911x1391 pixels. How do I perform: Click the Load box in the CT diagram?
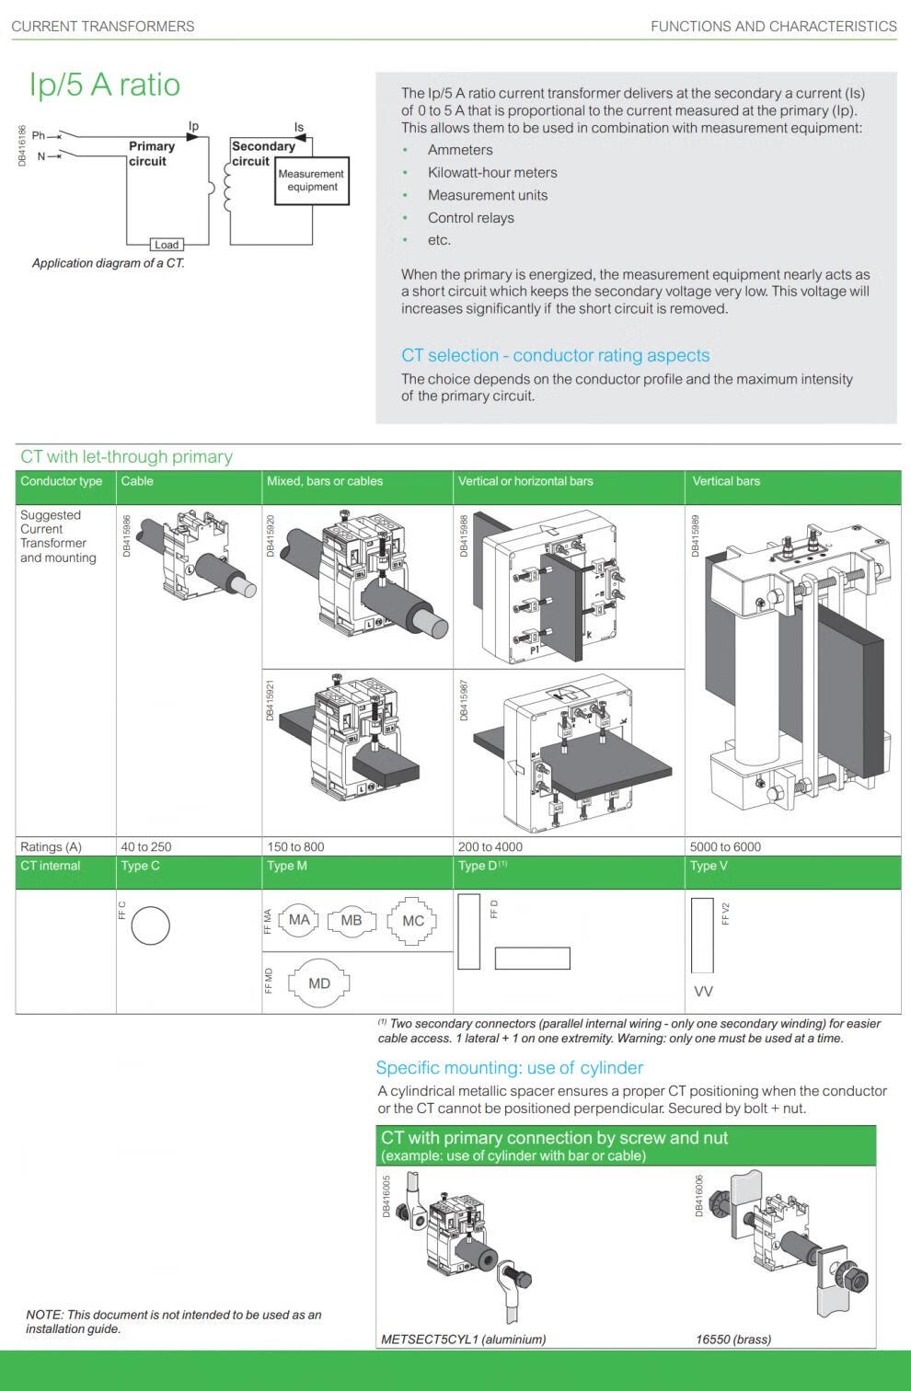click(167, 245)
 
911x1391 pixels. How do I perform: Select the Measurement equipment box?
click(312, 180)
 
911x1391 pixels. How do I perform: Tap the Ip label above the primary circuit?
click(193, 126)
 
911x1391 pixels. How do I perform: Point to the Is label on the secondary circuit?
click(299, 127)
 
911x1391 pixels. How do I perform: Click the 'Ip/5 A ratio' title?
click(105, 85)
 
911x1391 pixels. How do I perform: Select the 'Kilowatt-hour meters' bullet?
click(492, 172)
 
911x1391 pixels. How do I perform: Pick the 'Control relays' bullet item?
click(470, 218)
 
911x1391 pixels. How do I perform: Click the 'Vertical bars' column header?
click(726, 481)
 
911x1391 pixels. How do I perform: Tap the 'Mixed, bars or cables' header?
click(325, 481)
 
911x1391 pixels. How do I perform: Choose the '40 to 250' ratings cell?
click(146, 846)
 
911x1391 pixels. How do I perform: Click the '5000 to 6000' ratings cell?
click(725, 846)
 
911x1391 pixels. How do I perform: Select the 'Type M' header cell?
click(287, 866)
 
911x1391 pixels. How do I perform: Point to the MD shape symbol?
click(318, 983)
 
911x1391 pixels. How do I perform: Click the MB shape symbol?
click(352, 920)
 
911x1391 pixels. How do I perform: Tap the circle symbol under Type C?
click(150, 925)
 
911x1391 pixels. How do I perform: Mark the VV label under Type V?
click(703, 992)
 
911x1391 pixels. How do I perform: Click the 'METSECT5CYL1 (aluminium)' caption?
click(463, 1339)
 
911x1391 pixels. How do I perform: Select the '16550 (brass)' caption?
click(733, 1339)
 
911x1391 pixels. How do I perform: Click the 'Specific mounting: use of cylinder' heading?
click(509, 1068)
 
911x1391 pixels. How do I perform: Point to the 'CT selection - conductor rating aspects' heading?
click(555, 356)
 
